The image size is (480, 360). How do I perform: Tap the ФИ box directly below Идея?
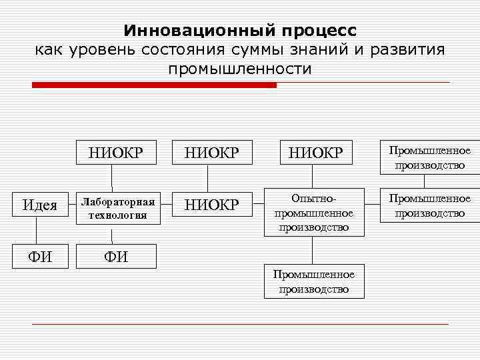[x=40, y=256]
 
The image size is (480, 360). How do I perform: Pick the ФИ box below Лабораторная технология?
[x=117, y=256]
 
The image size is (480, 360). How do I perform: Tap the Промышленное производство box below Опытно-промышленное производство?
[x=314, y=281]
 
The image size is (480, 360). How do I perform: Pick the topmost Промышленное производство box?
[x=429, y=158]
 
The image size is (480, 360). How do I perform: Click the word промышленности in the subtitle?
[x=240, y=68]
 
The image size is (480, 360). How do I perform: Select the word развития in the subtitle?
[x=407, y=49]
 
